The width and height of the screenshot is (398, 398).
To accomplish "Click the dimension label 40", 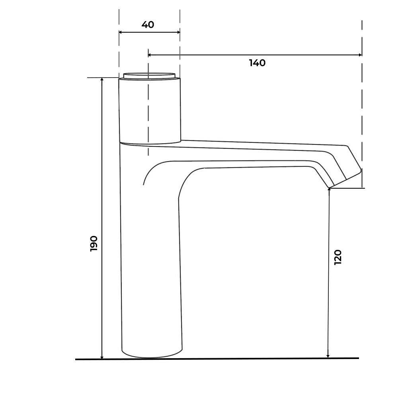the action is [148, 25].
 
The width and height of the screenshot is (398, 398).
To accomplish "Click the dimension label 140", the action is [257, 63].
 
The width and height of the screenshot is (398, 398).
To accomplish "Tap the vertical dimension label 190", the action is [94, 244].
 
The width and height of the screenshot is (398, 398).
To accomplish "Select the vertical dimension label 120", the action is [338, 257].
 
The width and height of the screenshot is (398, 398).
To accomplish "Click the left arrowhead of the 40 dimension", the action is [121, 32].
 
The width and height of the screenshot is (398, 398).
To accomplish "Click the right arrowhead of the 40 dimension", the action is [178, 32].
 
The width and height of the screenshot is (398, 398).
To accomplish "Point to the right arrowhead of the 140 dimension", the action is [360, 55].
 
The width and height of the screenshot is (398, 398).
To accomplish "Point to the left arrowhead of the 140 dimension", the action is [150, 55].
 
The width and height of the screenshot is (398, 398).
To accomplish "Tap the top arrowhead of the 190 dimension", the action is [102, 79].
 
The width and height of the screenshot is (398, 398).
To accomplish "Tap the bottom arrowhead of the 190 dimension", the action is [102, 357].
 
